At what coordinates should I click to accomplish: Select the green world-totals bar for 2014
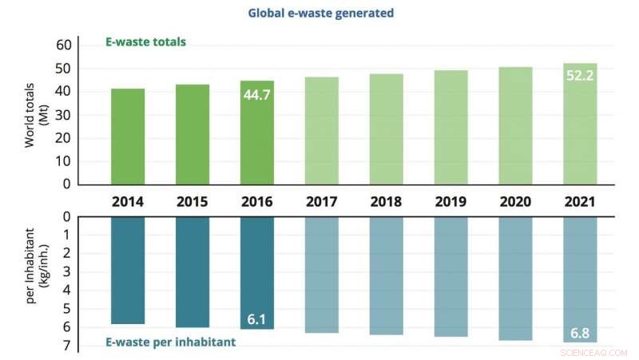(128, 136)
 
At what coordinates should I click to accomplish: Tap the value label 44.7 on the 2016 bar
(256, 97)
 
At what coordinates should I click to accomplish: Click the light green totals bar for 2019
(450, 128)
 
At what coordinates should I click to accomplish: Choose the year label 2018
(386, 202)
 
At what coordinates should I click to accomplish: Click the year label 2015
(192, 202)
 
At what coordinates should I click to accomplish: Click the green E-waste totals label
(146, 42)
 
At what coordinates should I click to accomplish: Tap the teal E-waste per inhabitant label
(169, 343)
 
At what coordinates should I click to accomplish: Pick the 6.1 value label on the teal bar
(256, 319)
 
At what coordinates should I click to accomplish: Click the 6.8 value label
(579, 332)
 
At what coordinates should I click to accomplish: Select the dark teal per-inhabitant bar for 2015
(192, 272)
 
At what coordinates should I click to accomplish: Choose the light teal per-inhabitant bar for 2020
(515, 279)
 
